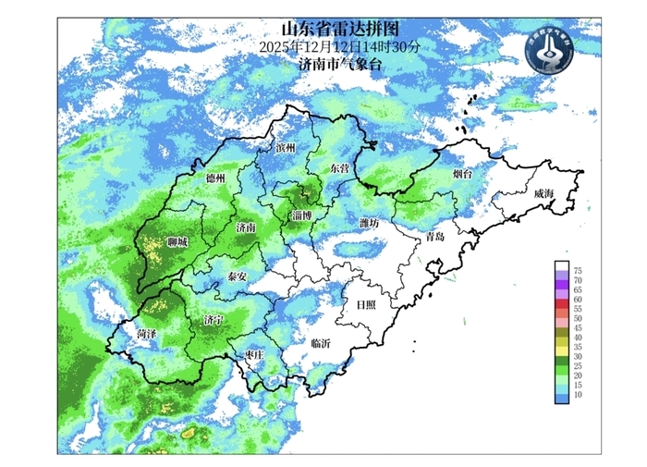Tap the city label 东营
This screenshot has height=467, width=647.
[339, 169]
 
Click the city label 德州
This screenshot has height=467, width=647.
[214, 178]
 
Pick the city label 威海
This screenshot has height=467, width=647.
[543, 193]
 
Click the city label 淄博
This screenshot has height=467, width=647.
[301, 215]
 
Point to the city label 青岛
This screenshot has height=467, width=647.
[434, 237]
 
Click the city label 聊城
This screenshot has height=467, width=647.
[177, 242]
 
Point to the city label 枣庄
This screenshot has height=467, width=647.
[255, 354]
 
